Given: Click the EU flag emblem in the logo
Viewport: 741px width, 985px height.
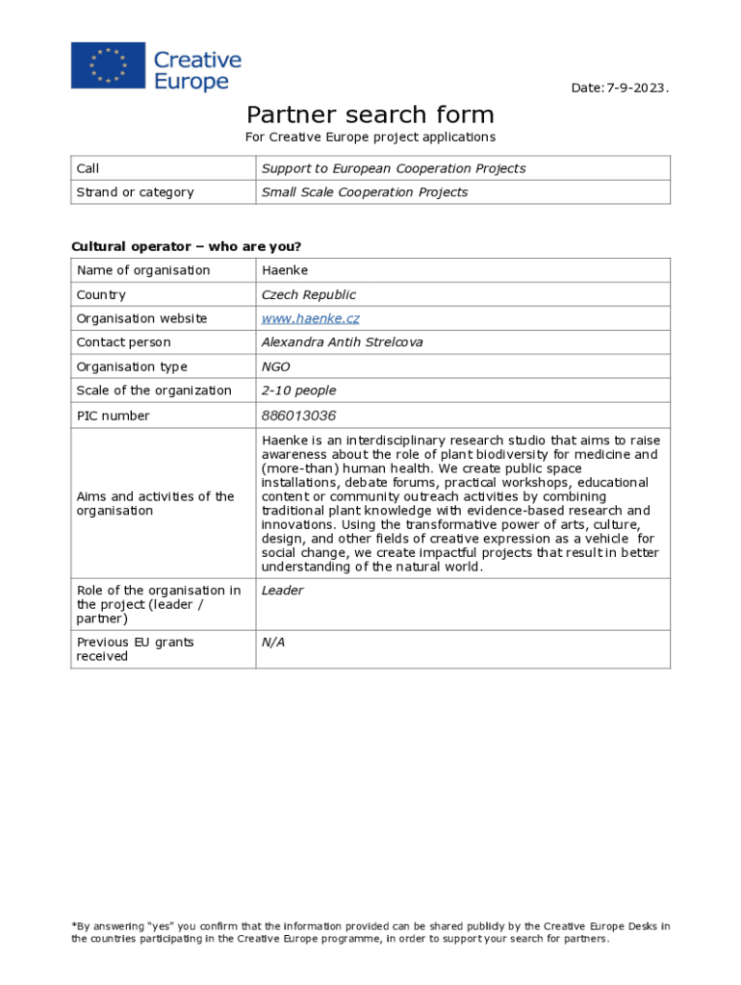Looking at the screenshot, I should [x=108, y=66].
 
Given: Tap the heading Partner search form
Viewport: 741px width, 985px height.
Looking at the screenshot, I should [x=370, y=115].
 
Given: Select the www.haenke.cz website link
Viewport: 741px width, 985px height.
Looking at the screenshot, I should [x=310, y=318].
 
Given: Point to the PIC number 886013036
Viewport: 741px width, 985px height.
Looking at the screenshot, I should [x=298, y=416].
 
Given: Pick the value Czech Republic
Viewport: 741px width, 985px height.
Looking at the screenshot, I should [x=308, y=294].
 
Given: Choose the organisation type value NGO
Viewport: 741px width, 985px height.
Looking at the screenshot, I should [x=275, y=366].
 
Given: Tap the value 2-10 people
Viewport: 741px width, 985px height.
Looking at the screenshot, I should [x=298, y=391].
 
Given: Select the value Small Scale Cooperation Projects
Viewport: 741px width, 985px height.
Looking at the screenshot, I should [x=364, y=192].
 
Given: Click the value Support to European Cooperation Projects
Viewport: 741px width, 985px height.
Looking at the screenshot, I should [x=393, y=168].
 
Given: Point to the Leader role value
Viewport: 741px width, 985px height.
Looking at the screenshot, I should [x=282, y=591].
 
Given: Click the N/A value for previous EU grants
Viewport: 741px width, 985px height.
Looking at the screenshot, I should [x=273, y=642].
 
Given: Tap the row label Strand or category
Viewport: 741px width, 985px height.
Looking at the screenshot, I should [x=135, y=192].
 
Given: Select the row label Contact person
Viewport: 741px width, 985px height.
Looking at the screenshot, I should [x=123, y=342].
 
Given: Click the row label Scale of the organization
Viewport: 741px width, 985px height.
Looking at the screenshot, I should [x=154, y=391].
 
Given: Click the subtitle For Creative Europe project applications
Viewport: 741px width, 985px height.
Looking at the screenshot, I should [x=370, y=138].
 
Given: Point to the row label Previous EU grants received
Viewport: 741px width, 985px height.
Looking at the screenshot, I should [x=135, y=649].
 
